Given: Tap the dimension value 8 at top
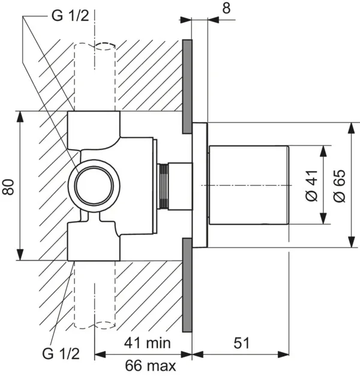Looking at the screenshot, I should coord(225,8).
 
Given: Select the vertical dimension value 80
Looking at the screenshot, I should coord(8,186).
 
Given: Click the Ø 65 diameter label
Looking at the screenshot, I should coord(340,186).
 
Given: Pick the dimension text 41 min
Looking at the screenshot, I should coord(148,343).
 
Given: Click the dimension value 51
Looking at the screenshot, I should coord(241,343).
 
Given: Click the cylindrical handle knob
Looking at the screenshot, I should coord(248,185).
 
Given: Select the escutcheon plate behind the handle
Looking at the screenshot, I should coord(200,185).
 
